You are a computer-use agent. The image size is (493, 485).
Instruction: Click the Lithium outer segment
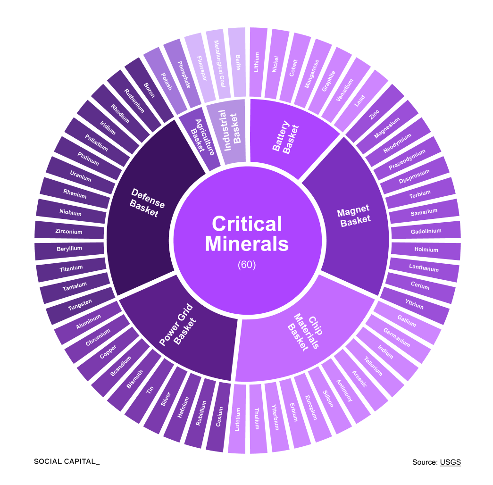[x=256, y=62]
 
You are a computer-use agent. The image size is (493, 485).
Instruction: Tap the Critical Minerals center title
[x=247, y=234]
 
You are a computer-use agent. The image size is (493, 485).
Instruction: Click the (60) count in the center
[x=247, y=265]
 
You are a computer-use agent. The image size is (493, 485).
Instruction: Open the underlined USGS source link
[x=450, y=462]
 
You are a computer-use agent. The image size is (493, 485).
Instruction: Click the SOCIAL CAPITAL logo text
[x=67, y=461]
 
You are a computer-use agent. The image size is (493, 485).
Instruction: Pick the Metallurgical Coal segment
[x=218, y=64]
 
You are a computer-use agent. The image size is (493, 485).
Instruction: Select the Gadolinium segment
[x=426, y=231]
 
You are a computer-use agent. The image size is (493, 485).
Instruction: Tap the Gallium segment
[x=407, y=322]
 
